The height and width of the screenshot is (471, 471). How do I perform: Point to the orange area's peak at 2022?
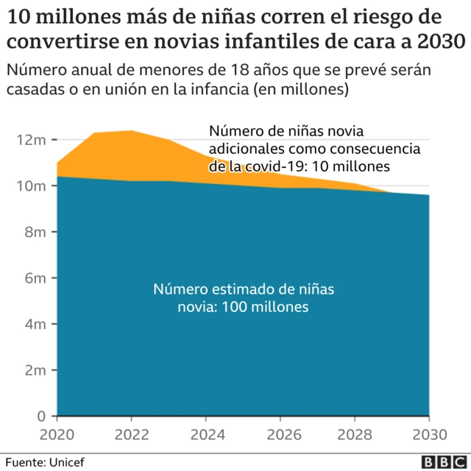pyautogui.click(x=131, y=131)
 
